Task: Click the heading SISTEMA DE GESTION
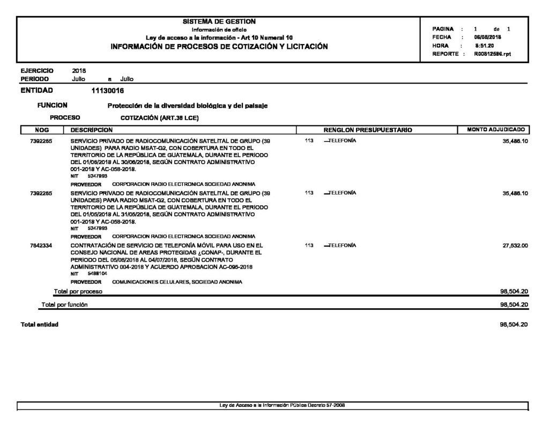pos(219,21)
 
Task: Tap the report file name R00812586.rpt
pos(493,54)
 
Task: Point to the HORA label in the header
pos(440,46)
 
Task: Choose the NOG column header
pos(41,130)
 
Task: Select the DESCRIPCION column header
pos(91,130)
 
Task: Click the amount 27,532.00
pos(516,245)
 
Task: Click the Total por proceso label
pos(78,292)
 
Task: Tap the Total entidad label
pos(39,325)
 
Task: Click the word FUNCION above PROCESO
pos(53,106)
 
